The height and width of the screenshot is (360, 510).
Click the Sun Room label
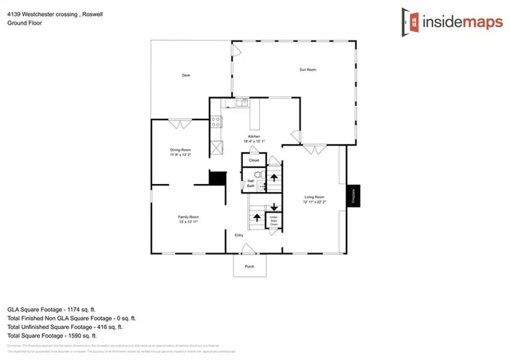308,70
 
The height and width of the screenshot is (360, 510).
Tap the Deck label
186,76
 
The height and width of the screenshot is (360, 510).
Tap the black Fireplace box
352,198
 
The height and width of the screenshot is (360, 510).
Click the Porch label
249,266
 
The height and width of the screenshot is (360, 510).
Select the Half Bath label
250,183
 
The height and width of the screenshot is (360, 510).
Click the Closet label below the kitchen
254,160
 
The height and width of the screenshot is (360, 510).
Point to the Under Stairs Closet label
273,221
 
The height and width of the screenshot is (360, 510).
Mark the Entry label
238,235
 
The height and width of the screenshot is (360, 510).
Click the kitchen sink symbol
241,103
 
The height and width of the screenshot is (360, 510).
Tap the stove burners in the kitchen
215,122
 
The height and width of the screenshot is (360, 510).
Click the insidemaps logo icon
410,21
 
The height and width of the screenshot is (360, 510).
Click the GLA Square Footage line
51,308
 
